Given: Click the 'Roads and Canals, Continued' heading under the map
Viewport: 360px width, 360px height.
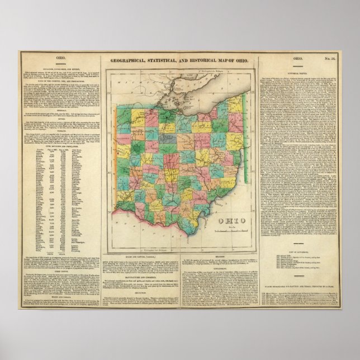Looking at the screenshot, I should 140,258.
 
